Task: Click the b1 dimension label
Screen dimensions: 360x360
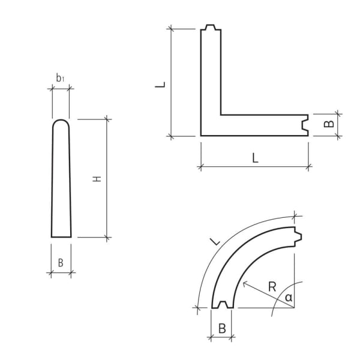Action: click(60, 77)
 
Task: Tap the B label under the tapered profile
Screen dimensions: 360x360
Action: click(60, 262)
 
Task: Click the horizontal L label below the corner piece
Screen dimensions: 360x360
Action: click(255, 158)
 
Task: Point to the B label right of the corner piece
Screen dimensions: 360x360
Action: click(328, 124)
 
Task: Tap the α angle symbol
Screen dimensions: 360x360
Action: click(289, 297)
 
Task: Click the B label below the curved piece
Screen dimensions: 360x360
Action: click(221, 328)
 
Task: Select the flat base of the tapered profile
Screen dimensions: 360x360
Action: click(61, 236)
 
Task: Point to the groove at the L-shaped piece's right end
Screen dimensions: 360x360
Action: click(306, 125)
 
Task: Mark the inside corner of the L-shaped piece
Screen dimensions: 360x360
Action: click(221, 114)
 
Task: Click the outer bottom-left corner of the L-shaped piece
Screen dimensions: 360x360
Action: click(201, 136)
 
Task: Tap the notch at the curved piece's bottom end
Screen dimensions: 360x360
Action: click(223, 305)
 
